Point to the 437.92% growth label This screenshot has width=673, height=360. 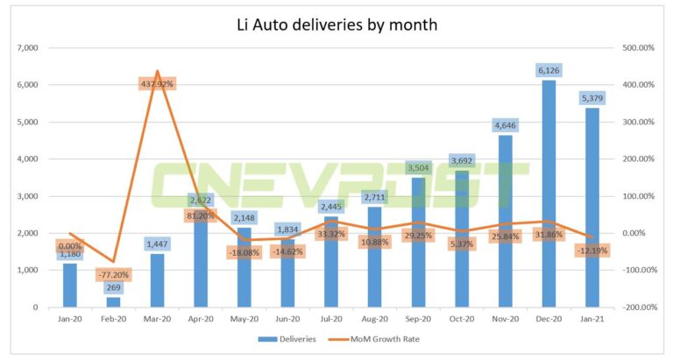click(157, 83)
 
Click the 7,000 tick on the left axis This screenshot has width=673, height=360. click(25, 48)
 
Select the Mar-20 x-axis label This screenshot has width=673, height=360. click(157, 321)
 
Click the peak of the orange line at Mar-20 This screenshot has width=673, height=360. click(157, 71)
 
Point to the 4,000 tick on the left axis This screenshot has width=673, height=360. click(25, 159)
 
